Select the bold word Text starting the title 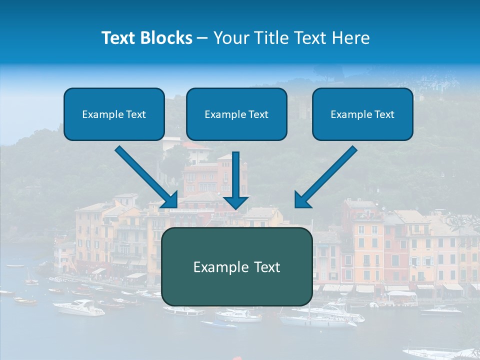point(119,38)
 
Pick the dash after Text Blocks point(202,38)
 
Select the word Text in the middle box point(258,114)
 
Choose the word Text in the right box point(384,114)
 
